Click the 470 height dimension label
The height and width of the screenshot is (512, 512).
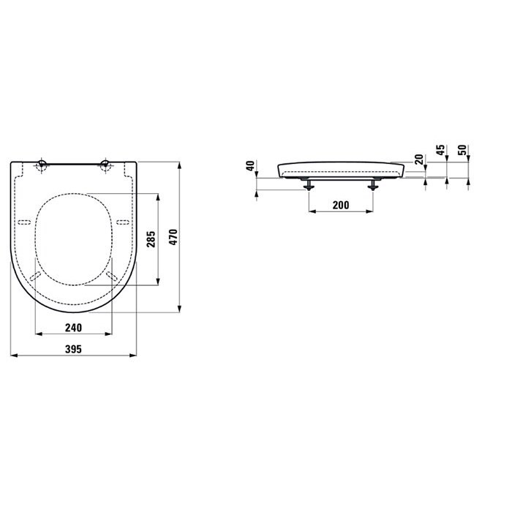(x=173, y=237)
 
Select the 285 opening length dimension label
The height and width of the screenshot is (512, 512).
(x=151, y=239)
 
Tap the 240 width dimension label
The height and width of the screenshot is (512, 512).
(x=73, y=328)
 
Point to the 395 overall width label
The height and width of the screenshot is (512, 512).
(x=73, y=349)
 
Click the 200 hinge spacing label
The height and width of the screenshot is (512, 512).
(x=341, y=205)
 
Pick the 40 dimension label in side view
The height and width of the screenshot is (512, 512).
(x=250, y=166)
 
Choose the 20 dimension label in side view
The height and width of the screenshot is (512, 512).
(x=419, y=159)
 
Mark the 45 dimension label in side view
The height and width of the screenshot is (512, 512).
(x=440, y=150)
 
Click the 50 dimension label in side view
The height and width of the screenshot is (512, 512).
(x=462, y=150)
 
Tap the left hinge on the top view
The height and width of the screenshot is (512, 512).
(x=42, y=165)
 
